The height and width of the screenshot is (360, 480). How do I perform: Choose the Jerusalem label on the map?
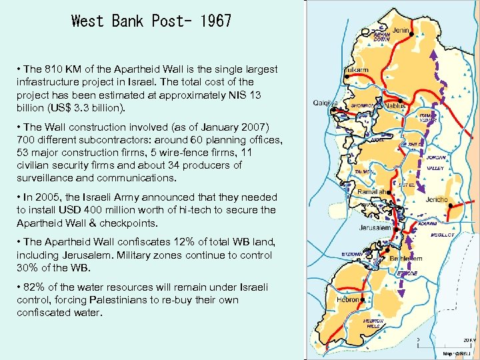click(373, 227)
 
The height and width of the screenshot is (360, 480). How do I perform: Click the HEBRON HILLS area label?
click(373, 323)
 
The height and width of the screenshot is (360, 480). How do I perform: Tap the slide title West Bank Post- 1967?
click(151, 21)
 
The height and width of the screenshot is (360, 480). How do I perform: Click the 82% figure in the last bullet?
click(34, 287)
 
